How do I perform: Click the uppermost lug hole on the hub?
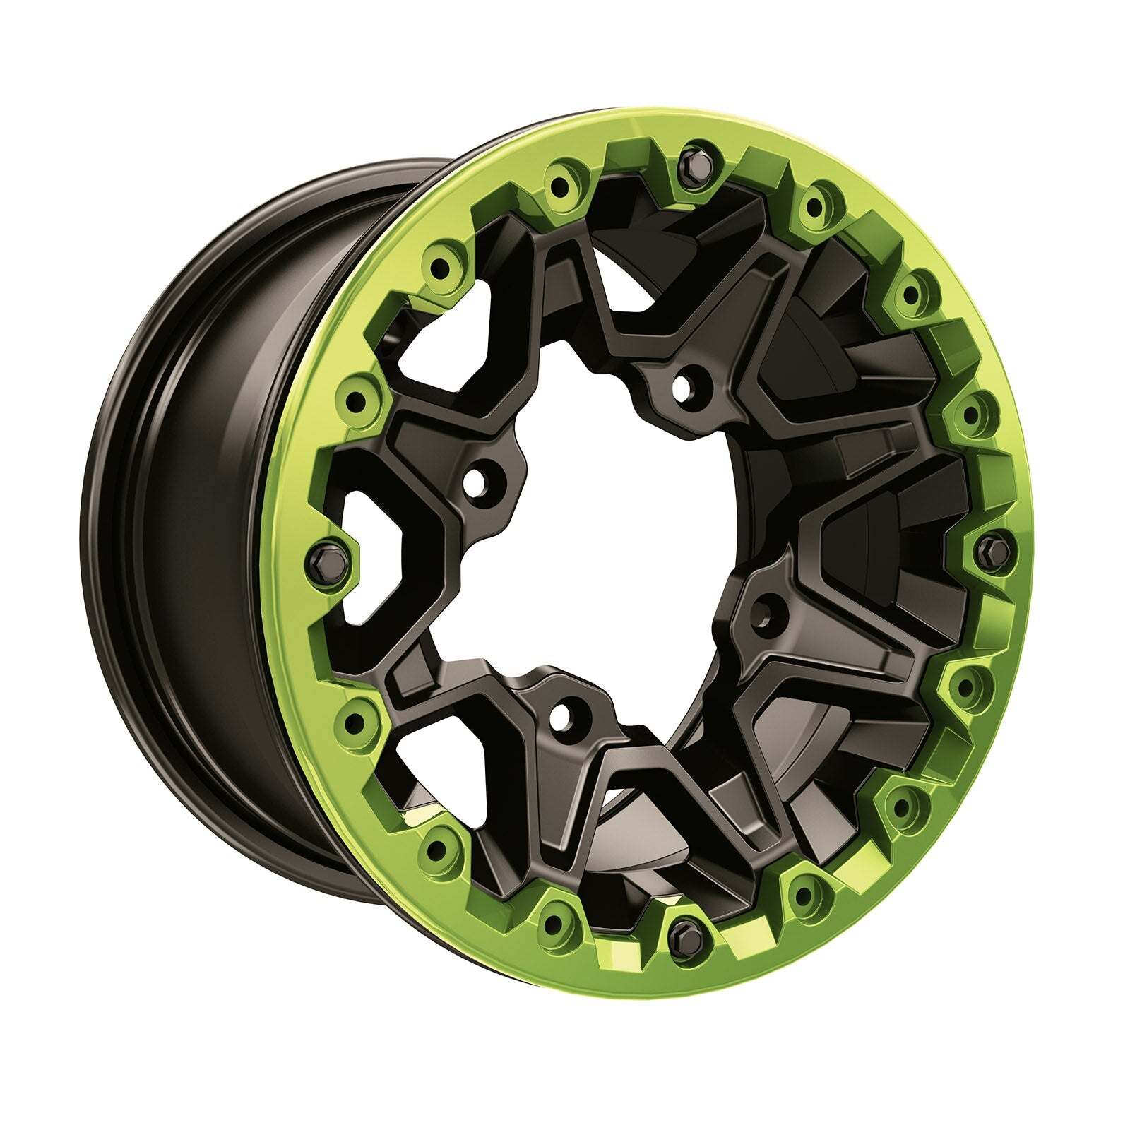[x=682, y=386]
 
